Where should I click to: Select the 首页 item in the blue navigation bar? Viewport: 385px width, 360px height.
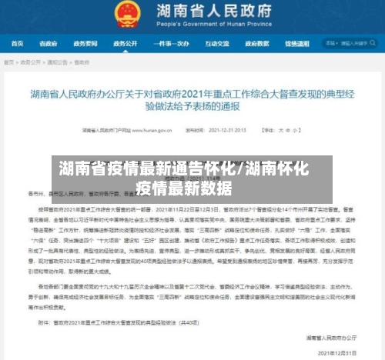click(16, 44)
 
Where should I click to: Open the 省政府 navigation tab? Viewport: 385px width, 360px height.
click(49, 44)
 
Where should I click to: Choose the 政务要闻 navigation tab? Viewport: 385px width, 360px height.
click(86, 44)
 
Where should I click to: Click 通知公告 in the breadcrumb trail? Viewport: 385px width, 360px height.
click(58, 62)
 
